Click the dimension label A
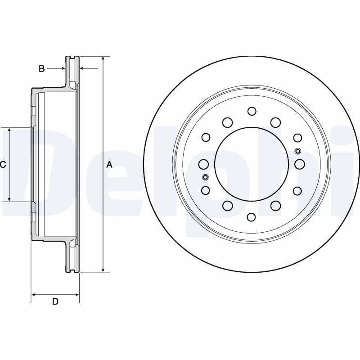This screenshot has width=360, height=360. (x=109, y=165)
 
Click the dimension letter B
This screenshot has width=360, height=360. (x=41, y=69)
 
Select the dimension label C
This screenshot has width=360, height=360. (x=3, y=165)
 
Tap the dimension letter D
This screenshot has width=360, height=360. (x=55, y=301)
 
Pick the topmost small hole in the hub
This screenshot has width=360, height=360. (x=252, y=111)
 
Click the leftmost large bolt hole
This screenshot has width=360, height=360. (x=203, y=164)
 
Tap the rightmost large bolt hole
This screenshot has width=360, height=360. (x=300, y=164)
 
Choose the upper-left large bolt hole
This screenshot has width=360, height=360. (x=227, y=122)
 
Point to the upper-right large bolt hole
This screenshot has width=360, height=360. (x=275, y=122)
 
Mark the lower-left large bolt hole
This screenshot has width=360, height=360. (x=227, y=206)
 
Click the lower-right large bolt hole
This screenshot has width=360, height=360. (x=275, y=206)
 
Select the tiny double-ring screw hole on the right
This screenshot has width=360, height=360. (x=297, y=151)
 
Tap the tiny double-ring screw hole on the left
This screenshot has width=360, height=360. (x=205, y=177)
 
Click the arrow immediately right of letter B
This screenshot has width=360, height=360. (x=63, y=68)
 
